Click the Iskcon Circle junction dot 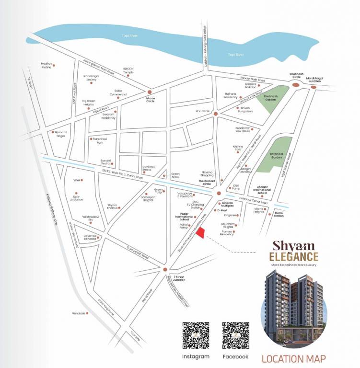pyautogui.click(x=150, y=92)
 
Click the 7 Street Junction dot pyautogui.click(x=165, y=269)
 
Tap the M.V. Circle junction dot pyautogui.click(x=216, y=114)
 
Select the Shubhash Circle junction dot pyautogui.click(x=296, y=85)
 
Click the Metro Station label pyautogui.click(x=279, y=214)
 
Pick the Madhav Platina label pyautogui.click(x=46, y=65)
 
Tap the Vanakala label pyautogui.click(x=79, y=313)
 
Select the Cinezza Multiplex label pyautogui.click(x=231, y=203)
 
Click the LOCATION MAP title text pyautogui.click(x=293, y=358)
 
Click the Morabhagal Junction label pyautogui.click(x=314, y=80)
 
